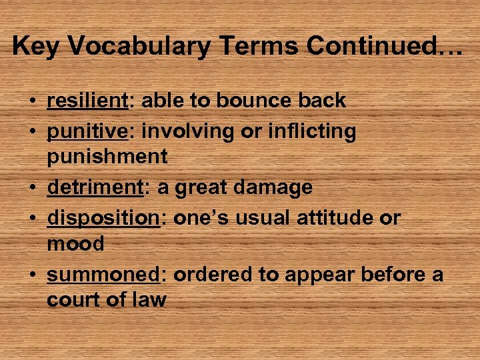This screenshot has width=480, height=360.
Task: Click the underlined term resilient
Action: (87, 101)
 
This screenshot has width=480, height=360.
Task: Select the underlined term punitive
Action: (87, 131)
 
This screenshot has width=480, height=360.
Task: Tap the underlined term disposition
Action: (103, 218)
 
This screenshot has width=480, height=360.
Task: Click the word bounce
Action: (251, 101)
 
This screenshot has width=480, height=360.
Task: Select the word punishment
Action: (107, 157)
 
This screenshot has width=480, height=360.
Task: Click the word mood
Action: (75, 244)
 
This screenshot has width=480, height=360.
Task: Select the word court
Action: (75, 300)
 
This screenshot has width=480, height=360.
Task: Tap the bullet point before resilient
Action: (32, 101)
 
